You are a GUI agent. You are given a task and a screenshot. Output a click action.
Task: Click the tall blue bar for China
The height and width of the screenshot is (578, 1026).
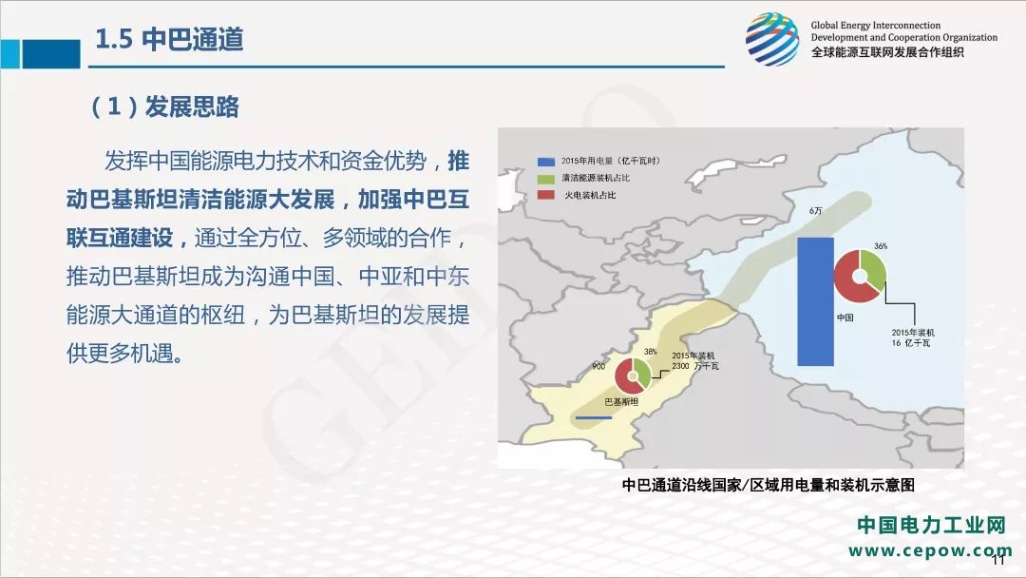(x=815, y=301)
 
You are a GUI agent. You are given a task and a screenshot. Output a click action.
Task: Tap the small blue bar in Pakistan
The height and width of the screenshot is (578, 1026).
(x=593, y=417)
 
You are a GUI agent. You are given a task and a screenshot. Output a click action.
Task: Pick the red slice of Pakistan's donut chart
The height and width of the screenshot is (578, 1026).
(x=627, y=378)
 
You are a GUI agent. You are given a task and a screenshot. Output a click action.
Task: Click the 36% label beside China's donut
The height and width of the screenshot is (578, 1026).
(x=881, y=246)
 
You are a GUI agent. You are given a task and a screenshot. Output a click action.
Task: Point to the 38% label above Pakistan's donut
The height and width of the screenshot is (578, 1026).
(x=651, y=352)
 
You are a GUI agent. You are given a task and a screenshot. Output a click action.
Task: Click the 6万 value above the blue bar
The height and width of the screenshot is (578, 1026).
(x=815, y=211)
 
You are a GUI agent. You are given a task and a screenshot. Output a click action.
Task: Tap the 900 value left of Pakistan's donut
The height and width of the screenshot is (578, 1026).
(x=598, y=366)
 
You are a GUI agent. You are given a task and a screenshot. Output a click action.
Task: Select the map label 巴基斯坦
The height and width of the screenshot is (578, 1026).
(x=621, y=401)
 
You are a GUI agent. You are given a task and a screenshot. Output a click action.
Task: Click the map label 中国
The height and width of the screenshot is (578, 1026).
(x=845, y=318)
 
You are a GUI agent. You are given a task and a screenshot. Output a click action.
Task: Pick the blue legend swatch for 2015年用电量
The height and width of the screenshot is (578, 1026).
(x=545, y=161)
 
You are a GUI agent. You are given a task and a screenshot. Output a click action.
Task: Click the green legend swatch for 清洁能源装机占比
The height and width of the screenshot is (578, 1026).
(x=545, y=178)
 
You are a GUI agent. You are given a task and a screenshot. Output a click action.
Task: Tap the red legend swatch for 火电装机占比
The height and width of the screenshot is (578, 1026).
(x=545, y=195)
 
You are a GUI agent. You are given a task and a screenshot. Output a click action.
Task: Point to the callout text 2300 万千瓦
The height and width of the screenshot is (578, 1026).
(x=695, y=366)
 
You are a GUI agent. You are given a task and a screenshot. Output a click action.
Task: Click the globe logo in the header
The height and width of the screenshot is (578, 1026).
(x=772, y=39)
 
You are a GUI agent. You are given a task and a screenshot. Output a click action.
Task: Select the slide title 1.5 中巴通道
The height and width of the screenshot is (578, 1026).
(x=169, y=39)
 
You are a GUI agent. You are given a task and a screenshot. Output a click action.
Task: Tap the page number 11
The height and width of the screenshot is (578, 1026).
(x=998, y=560)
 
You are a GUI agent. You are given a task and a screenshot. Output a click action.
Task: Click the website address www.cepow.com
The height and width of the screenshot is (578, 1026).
(x=930, y=550)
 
